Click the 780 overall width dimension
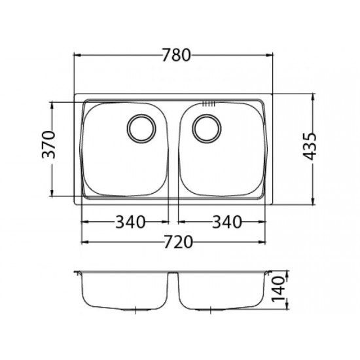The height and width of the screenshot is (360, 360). click(x=176, y=55)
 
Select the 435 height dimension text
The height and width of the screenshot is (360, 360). click(x=309, y=146)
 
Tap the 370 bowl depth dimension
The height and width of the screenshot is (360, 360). click(x=48, y=145)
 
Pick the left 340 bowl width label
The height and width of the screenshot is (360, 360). click(x=130, y=222)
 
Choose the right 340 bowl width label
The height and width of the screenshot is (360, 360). click(x=227, y=222)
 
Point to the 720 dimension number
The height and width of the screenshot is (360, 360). click(x=178, y=242)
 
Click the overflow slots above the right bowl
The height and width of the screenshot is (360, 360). click(x=208, y=104)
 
